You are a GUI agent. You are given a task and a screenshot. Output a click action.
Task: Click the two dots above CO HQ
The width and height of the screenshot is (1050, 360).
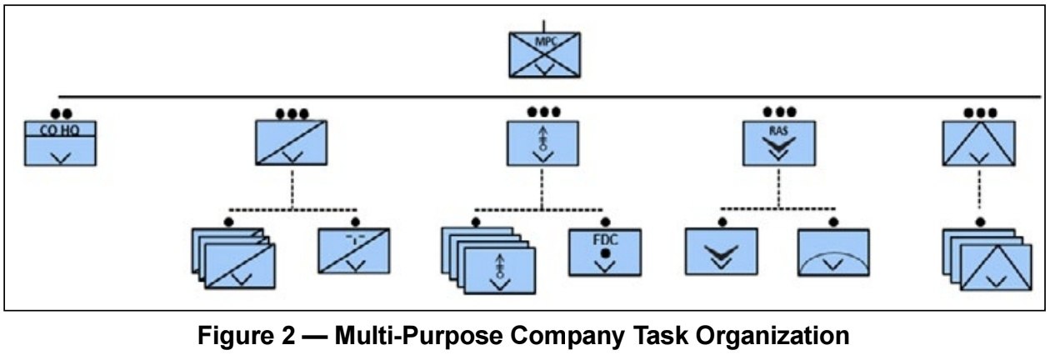tap(60, 113)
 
